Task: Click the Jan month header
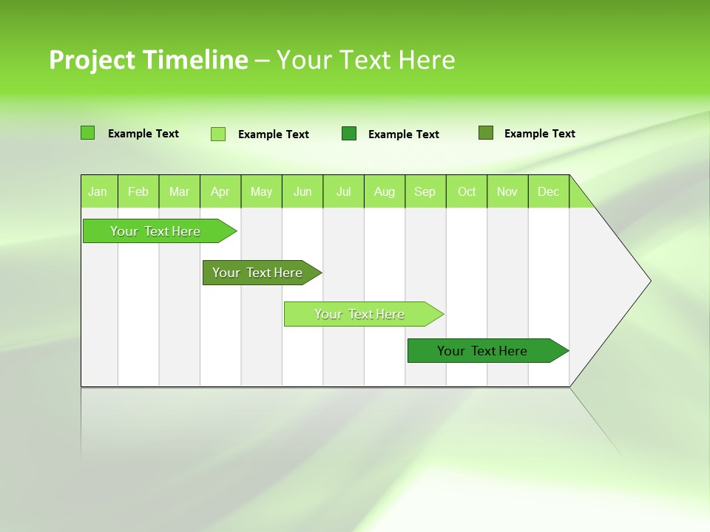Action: pos(98,191)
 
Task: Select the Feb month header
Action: pos(138,191)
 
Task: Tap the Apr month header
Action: pos(220,191)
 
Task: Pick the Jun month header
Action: pos(302,191)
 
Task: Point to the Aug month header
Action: pos(384,191)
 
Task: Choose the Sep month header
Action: pos(425,191)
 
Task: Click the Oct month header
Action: pos(467,191)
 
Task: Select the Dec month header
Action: pos(548,191)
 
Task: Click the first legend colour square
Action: pos(87,133)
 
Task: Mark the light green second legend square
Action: pos(218,134)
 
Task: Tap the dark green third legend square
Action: pos(349,133)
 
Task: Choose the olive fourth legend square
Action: pos(485,133)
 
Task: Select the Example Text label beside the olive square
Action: pos(539,134)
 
